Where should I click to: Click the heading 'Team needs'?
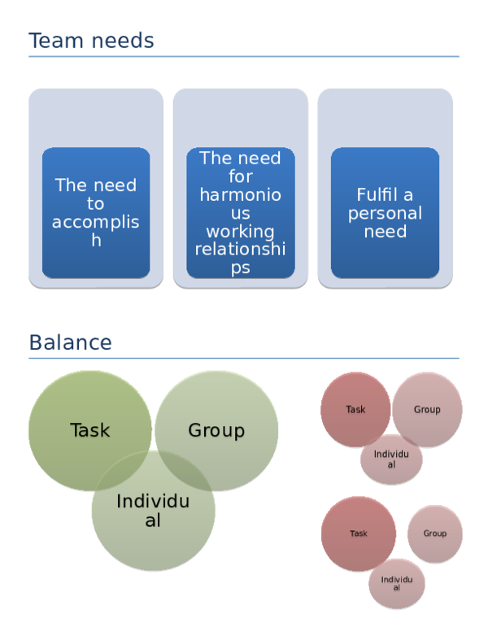(91, 40)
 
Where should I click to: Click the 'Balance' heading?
(70, 342)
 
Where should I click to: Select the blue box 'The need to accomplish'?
(96, 213)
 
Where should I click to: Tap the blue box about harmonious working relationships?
(240, 213)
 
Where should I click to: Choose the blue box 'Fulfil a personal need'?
(385, 213)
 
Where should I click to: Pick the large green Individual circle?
(153, 511)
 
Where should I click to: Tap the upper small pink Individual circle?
(391, 459)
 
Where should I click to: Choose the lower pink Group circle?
(435, 533)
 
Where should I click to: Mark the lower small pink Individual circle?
(396, 583)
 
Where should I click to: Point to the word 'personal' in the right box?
(385, 214)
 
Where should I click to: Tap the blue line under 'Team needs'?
(244, 56)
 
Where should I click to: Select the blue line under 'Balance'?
(244, 358)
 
